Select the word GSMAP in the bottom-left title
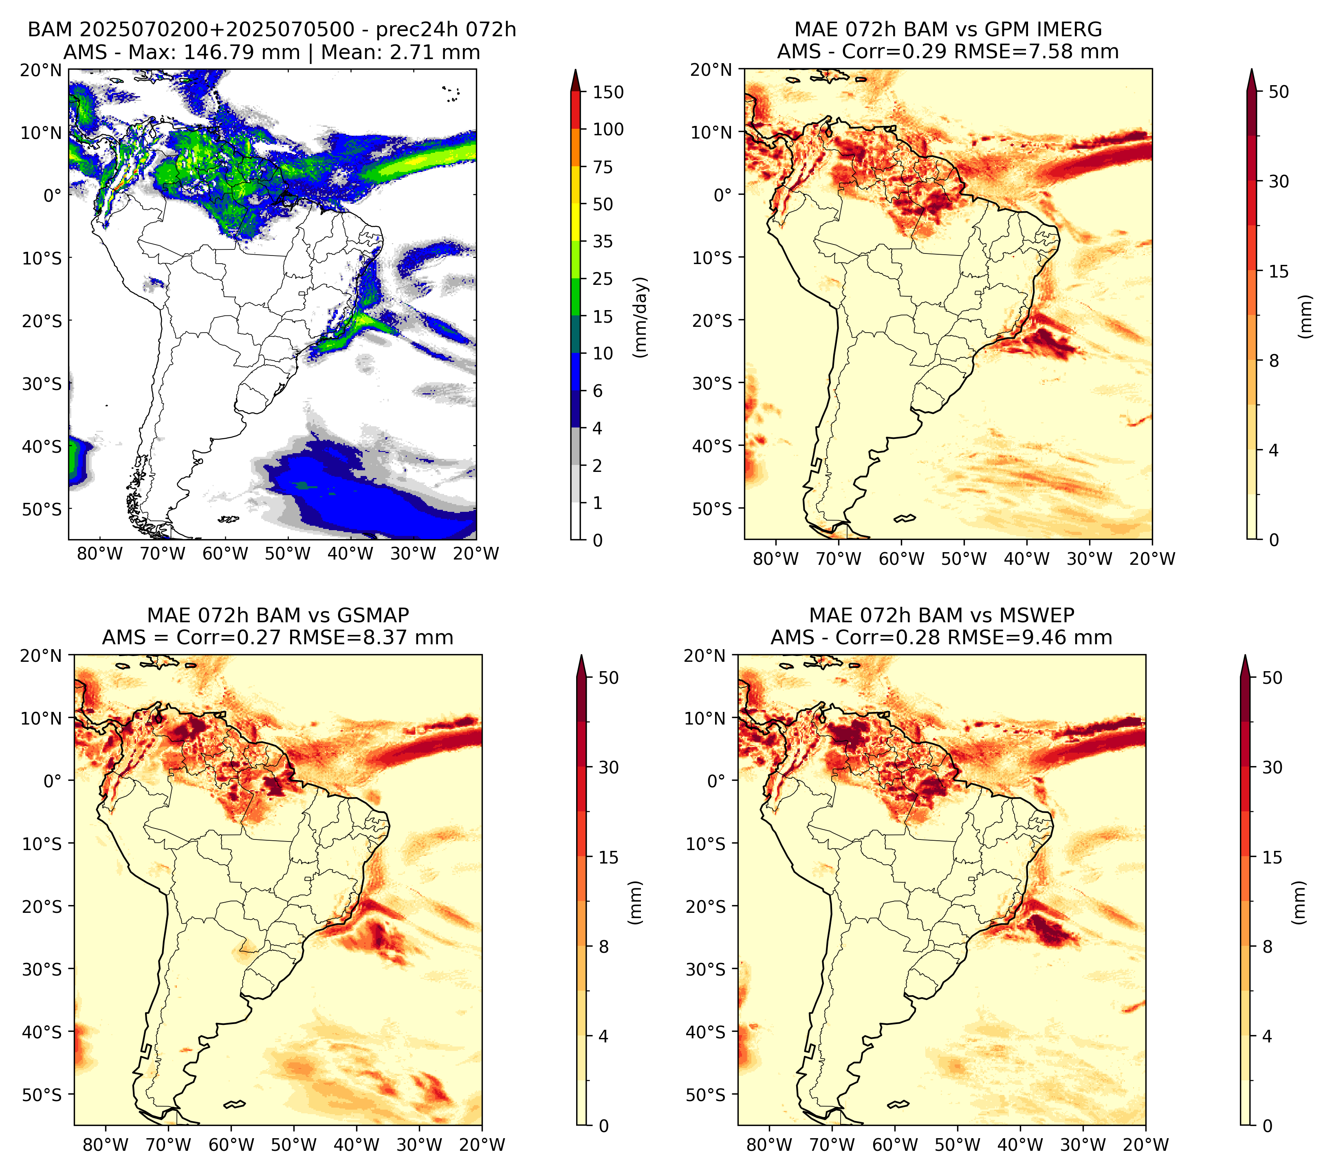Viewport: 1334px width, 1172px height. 373,615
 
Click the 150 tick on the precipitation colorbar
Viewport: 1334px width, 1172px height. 608,92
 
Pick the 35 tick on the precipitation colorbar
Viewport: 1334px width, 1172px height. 603,241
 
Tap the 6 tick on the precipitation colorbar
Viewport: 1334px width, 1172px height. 598,391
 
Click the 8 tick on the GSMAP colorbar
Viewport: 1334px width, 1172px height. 604,947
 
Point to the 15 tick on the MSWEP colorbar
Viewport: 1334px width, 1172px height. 1272,857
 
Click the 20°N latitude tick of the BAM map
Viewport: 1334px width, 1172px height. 40,70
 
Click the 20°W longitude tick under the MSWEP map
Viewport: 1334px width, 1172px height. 1146,1145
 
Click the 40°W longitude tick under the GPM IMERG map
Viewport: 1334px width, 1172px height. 1027,559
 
